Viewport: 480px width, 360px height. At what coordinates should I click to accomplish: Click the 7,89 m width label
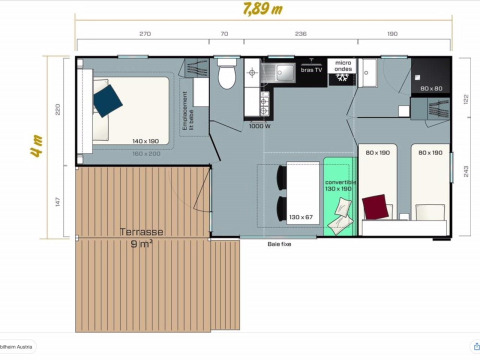[x=261, y=10]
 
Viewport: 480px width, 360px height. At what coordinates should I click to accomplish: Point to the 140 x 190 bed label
[x=147, y=142]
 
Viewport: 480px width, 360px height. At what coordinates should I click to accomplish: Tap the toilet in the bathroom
[x=226, y=76]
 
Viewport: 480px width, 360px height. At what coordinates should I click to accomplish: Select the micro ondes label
[x=343, y=69]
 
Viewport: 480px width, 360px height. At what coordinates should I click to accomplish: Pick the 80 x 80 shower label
[x=432, y=88]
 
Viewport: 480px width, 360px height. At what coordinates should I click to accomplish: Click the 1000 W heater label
[x=260, y=126]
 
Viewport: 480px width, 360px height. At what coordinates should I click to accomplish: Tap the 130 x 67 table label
[x=301, y=217]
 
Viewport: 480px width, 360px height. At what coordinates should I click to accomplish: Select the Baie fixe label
[x=280, y=243]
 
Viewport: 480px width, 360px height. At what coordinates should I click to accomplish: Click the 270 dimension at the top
[x=145, y=34]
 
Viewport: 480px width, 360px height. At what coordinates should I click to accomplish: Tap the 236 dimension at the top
[x=300, y=34]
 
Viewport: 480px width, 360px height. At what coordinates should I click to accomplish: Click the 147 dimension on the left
[x=59, y=201]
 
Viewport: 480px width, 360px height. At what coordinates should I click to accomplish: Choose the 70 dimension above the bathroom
[x=224, y=34]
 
